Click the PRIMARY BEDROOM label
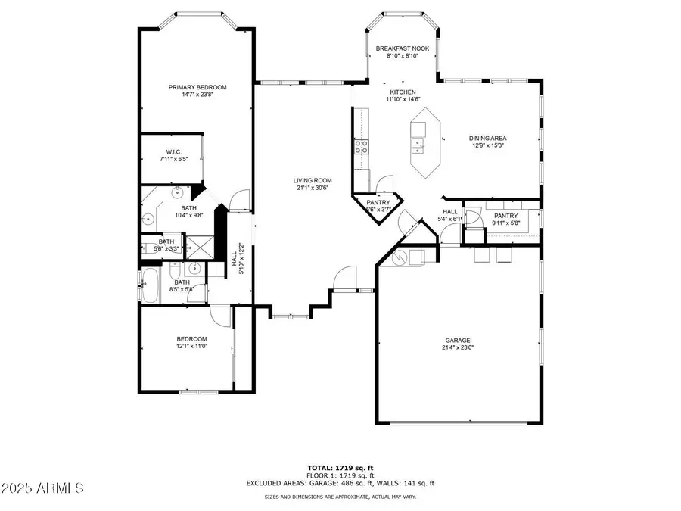[x=197, y=87]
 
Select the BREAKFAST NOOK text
[x=403, y=48]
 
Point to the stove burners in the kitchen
[x=362, y=146]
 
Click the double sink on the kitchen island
[x=417, y=142]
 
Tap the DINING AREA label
[x=487, y=139]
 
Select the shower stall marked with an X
[x=201, y=247]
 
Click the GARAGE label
[x=458, y=341]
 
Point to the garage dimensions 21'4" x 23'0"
[x=458, y=348]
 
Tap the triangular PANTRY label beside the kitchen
[x=378, y=202]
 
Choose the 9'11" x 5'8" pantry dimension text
[x=505, y=223]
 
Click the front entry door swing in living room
[x=345, y=277]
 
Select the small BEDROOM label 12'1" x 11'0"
[x=191, y=339]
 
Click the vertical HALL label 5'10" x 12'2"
[x=237, y=257]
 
